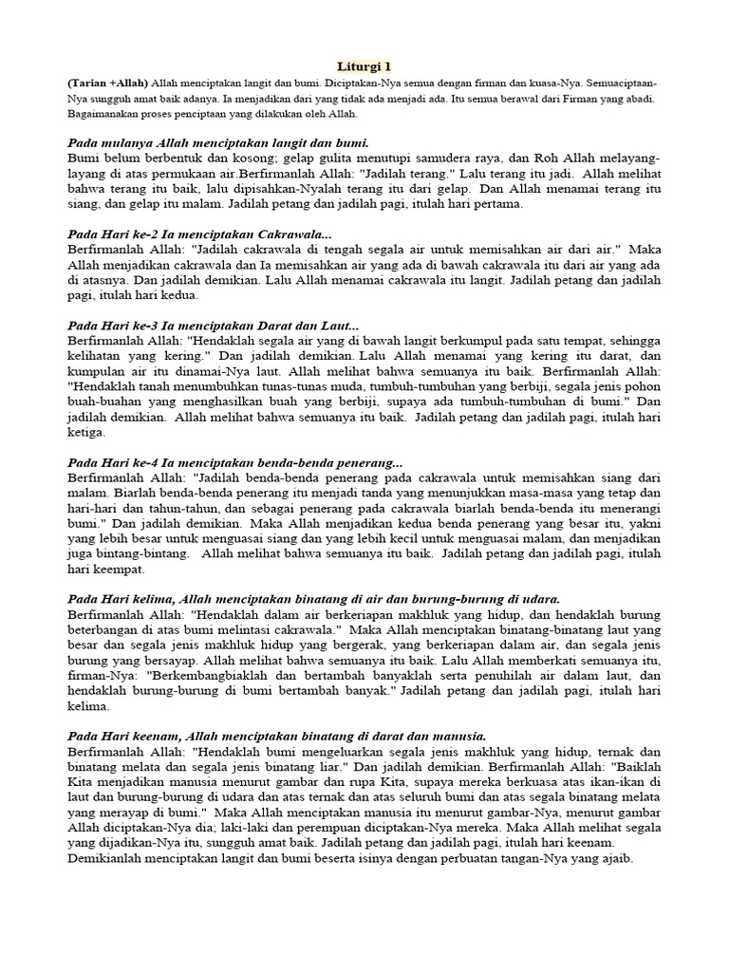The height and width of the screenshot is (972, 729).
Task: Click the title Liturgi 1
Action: coord(364,66)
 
